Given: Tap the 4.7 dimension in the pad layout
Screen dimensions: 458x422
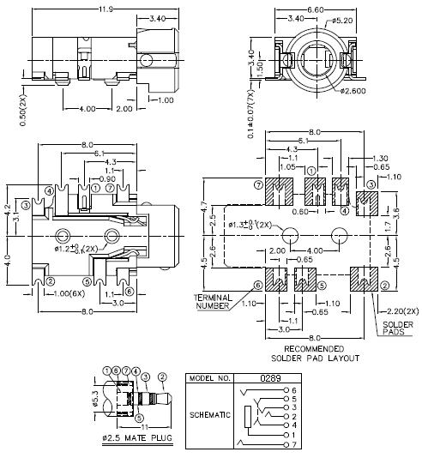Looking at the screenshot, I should [x=205, y=208].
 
